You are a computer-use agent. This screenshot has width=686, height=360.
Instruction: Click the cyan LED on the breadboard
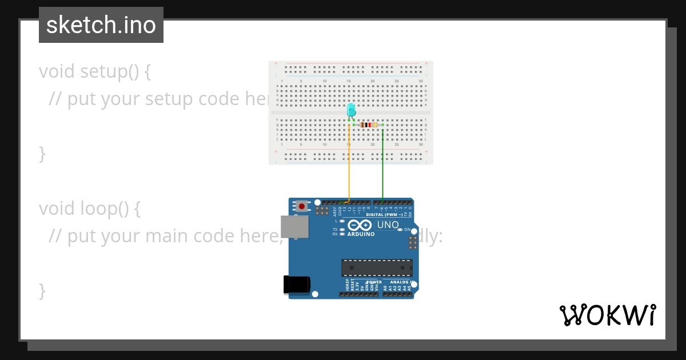click(x=351, y=110)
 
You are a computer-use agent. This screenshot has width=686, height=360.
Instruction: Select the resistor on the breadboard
click(x=369, y=125)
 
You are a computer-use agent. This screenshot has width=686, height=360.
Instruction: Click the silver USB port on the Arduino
click(x=294, y=226)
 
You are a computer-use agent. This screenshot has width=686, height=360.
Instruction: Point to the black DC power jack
click(x=297, y=285)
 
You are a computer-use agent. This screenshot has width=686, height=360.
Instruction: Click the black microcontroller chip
click(x=377, y=267)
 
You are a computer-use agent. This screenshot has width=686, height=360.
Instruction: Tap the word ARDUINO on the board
click(x=361, y=234)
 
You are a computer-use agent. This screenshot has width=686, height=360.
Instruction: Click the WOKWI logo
click(x=607, y=315)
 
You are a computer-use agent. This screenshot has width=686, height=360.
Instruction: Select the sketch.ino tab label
click(x=101, y=25)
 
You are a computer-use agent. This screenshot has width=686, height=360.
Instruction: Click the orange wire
click(x=349, y=166)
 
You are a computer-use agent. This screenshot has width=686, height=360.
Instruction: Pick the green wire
click(x=382, y=166)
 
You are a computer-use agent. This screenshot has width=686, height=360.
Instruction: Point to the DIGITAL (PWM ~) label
click(x=385, y=215)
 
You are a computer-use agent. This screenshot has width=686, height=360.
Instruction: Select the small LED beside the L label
click(x=342, y=221)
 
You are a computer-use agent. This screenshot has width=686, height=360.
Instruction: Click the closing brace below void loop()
click(x=42, y=290)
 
